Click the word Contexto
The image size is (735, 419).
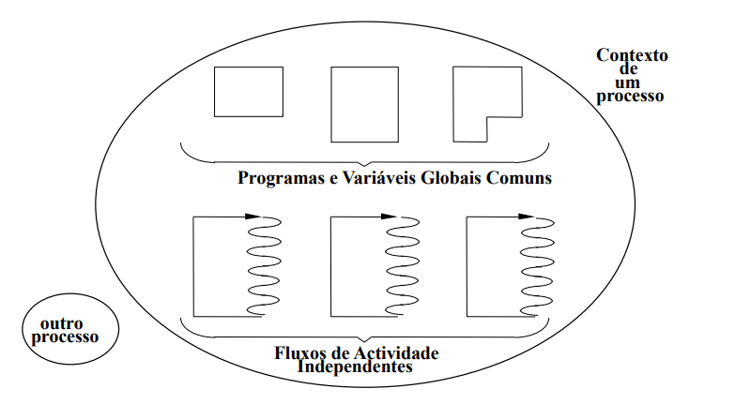633,55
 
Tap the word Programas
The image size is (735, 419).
279,178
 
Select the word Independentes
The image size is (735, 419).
355,367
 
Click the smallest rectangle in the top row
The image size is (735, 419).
248,92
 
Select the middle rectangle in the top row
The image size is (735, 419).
365,104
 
